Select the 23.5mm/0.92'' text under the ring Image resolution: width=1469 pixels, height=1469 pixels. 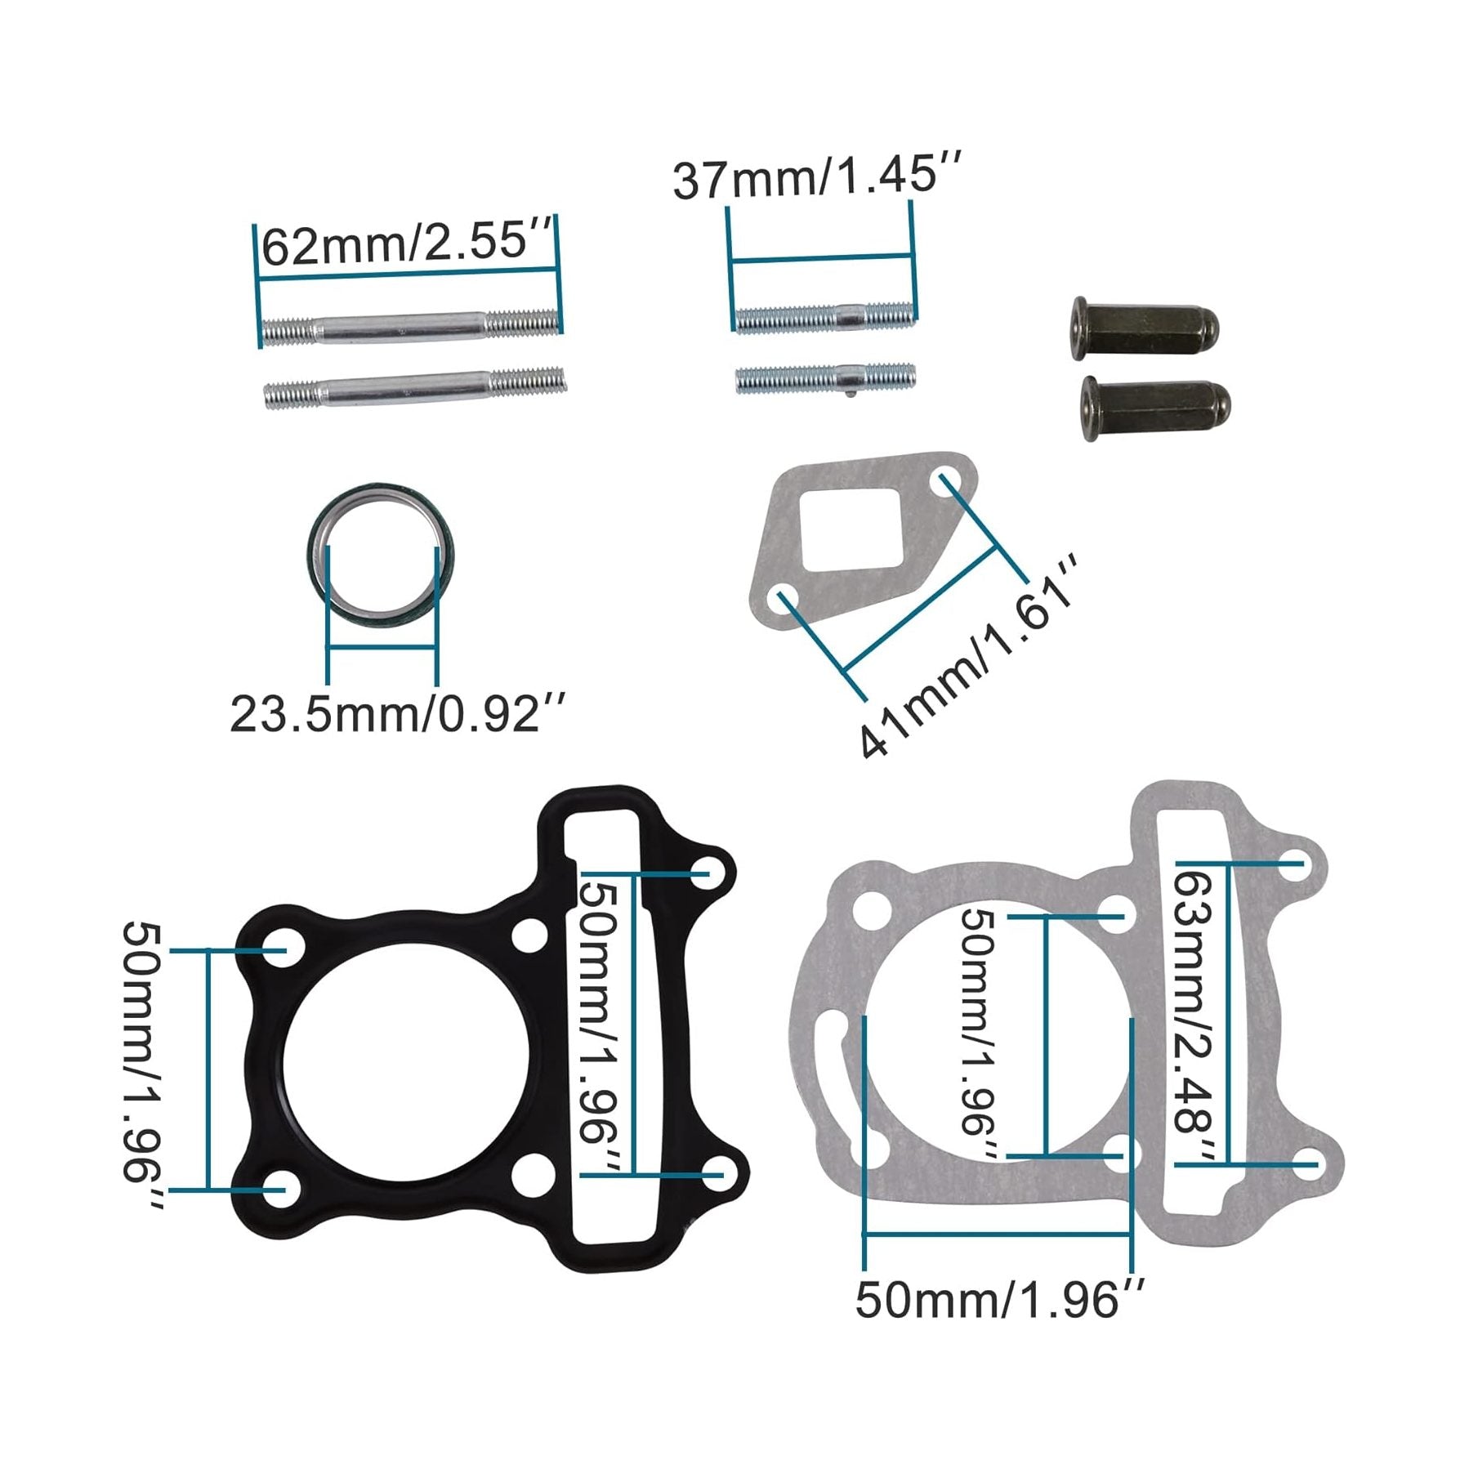point(396,713)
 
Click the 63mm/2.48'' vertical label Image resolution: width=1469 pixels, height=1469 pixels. point(1194,1014)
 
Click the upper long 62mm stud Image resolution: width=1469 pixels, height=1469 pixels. point(413,328)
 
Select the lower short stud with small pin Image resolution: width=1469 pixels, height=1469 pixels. point(825,378)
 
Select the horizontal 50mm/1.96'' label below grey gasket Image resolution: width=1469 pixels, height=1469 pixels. point(999,1299)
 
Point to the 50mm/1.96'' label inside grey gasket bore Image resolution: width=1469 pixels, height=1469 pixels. point(979,1033)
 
